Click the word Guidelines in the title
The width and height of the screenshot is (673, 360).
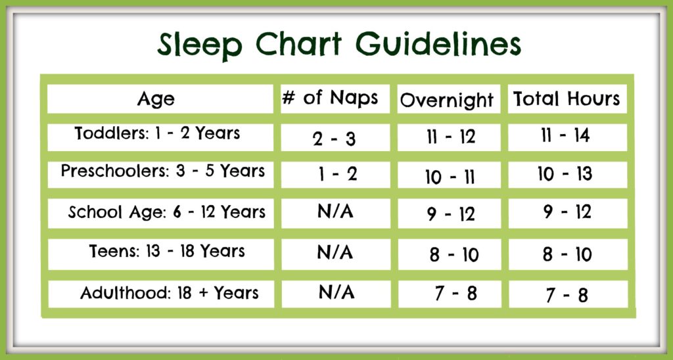pos(438,45)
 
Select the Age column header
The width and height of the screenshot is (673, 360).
pos(156,100)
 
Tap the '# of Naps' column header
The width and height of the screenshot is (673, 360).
pos(330,99)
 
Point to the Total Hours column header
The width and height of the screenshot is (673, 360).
pos(567,99)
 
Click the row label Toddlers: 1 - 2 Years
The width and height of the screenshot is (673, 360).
pos(158,133)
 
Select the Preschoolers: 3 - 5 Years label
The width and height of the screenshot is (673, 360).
pos(163,171)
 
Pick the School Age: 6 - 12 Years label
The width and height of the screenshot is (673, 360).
pos(167,212)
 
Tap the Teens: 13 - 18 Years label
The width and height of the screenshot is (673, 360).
pos(167,251)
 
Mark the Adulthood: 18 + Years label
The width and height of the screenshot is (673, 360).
pos(170,293)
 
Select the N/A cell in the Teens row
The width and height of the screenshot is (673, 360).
pos(335,253)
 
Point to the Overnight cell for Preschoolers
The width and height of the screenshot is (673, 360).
pos(450,177)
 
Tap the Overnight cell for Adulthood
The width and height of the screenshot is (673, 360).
pos(455,294)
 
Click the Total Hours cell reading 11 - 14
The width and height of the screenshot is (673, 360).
pos(565,135)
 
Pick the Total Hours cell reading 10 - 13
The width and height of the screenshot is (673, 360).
pos(565,174)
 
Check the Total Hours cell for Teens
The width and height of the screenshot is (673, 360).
pos(567,254)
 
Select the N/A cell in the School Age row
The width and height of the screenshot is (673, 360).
pos(335,212)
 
